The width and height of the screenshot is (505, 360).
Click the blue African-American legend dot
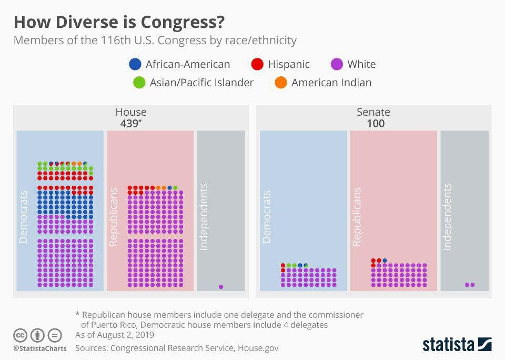[135, 64]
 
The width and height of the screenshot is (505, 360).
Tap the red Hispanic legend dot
[257, 64]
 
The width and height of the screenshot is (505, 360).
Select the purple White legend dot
[337, 64]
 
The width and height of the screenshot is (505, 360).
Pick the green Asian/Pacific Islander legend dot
[139, 83]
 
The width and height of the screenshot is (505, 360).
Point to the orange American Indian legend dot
[281, 83]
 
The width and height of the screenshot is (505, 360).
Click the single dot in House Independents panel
[221, 287]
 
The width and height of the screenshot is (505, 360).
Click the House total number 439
[129, 124]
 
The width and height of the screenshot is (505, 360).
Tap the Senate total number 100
[376, 124]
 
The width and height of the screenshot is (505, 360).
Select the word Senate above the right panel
[373, 112]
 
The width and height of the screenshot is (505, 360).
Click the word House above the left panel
[131, 112]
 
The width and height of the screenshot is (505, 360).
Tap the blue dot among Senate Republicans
[385, 261]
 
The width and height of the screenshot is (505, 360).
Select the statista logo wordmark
[449, 345]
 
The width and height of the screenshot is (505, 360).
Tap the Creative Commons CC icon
[21, 335]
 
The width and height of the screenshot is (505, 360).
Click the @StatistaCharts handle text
[40, 348]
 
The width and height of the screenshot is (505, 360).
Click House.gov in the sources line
[258, 348]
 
